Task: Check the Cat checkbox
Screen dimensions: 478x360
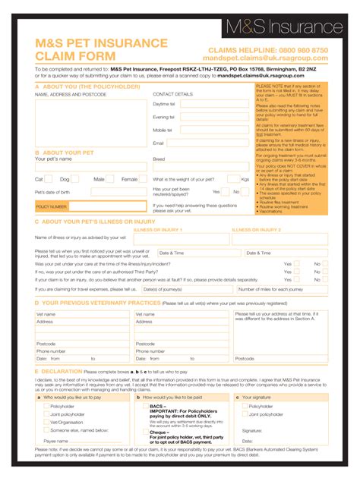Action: [48, 179]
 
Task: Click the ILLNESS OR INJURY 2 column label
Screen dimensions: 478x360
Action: [256, 229]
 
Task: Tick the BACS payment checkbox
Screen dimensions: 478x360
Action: [145, 406]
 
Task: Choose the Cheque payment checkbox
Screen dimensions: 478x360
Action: [145, 432]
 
